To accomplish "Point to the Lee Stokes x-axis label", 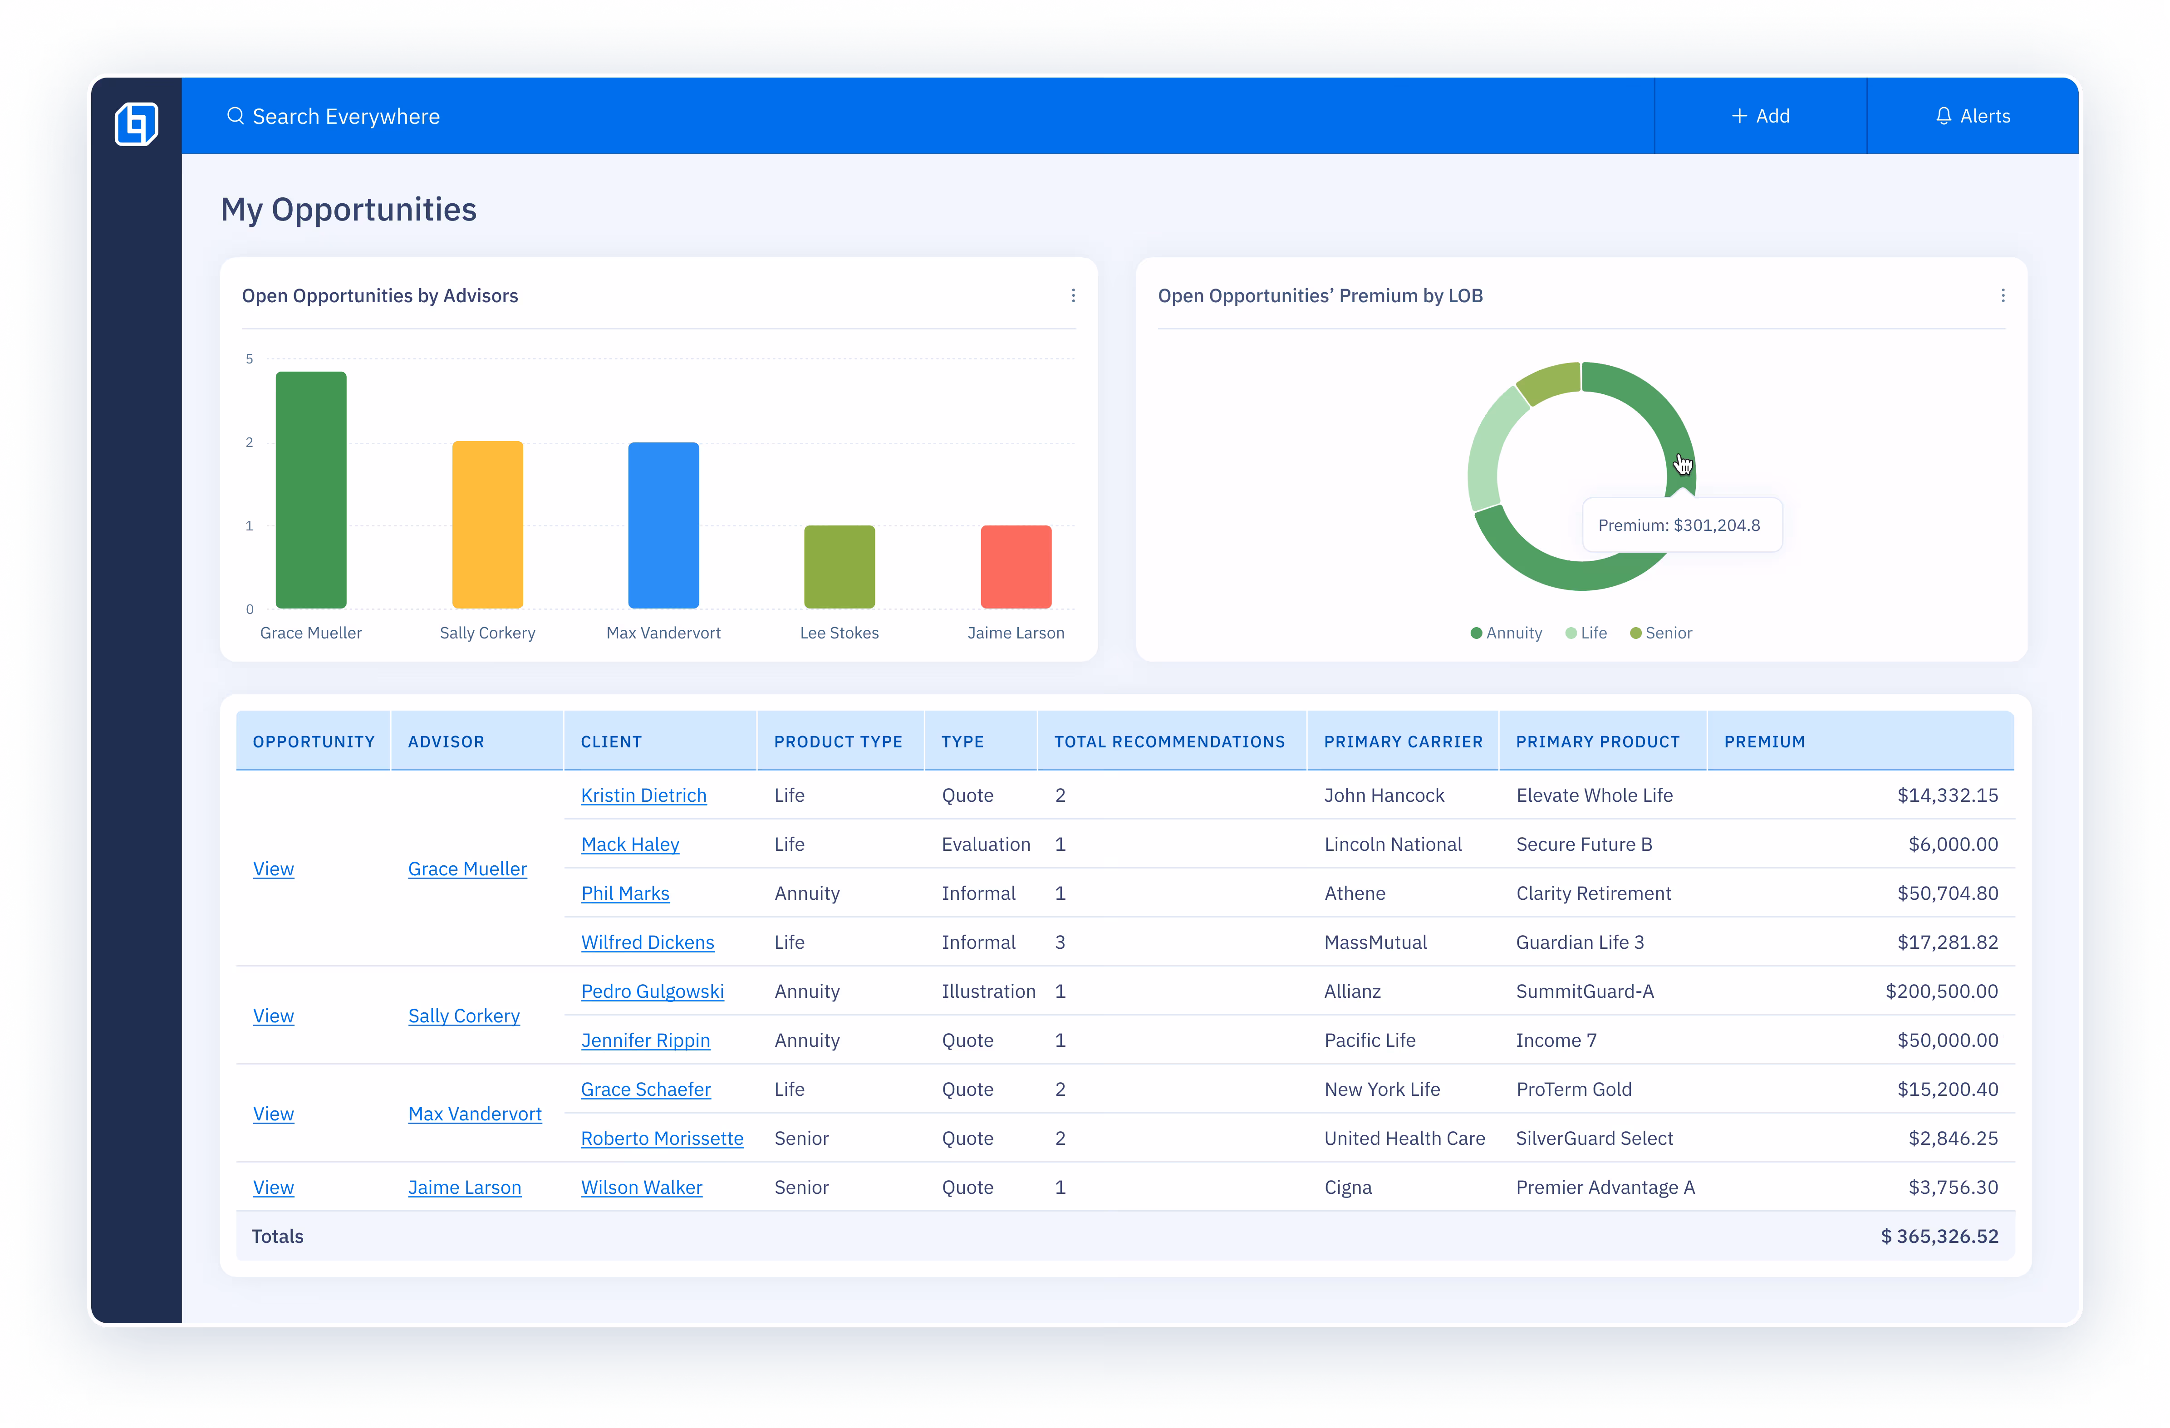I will point(839,633).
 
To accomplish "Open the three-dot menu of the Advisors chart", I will point(1073,295).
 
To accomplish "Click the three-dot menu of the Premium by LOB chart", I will point(2002,295).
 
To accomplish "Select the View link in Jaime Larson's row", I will point(274,1187).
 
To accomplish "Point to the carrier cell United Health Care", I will point(1404,1138).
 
